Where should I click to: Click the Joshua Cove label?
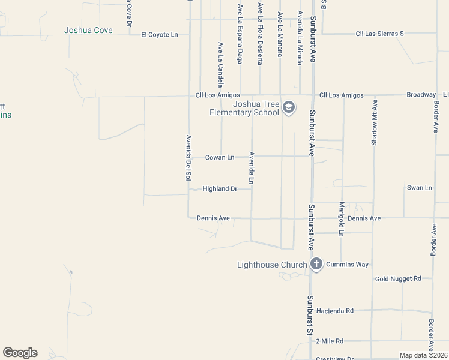(x=88, y=30)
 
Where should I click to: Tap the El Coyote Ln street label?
(x=160, y=35)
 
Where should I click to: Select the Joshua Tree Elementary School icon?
(x=289, y=108)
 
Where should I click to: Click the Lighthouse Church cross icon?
(x=316, y=265)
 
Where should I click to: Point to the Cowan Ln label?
(x=220, y=157)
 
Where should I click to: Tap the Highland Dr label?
(x=220, y=188)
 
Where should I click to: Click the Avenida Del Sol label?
(x=188, y=157)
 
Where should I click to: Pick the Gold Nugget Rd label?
(x=398, y=279)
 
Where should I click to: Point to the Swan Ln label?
(x=419, y=188)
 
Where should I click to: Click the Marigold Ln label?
(x=340, y=218)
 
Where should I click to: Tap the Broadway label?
(x=421, y=95)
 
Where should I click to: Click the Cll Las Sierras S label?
(x=380, y=34)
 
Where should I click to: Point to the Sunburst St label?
(x=310, y=316)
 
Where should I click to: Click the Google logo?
(x=20, y=353)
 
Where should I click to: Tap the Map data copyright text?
(x=424, y=355)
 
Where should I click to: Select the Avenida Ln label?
(x=252, y=168)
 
